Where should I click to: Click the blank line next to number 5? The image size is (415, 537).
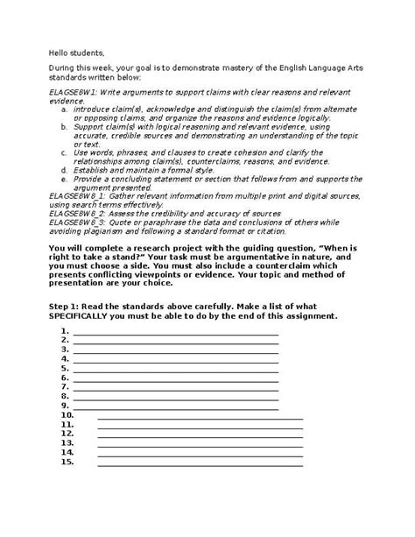tap(175, 370)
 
